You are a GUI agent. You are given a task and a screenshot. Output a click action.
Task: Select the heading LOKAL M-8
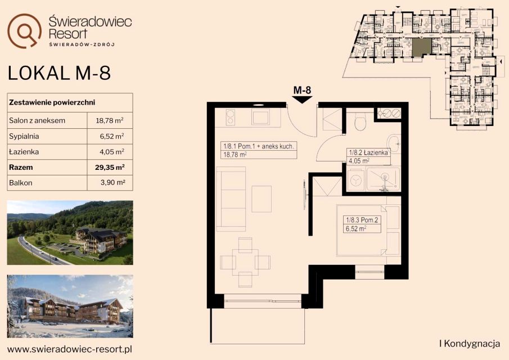(59, 73)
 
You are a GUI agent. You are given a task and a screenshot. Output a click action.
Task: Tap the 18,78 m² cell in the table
(110, 120)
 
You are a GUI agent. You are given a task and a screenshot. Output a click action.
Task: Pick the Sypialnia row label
(24, 136)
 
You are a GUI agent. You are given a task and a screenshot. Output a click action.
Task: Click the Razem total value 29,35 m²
(110, 168)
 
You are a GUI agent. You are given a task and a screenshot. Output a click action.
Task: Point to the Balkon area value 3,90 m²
(113, 182)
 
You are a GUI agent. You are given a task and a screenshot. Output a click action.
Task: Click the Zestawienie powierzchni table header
(52, 102)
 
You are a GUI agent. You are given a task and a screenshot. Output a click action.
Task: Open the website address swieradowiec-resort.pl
(70, 349)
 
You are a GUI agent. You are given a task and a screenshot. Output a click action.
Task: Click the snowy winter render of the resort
(70, 306)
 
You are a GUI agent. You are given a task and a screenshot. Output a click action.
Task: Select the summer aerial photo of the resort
(70, 232)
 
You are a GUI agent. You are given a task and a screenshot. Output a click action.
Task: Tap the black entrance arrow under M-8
(302, 100)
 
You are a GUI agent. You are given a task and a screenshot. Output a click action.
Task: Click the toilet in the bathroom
(361, 121)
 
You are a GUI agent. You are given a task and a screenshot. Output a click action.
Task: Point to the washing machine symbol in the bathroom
(356, 179)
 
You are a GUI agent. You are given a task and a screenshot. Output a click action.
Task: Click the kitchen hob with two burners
(231, 117)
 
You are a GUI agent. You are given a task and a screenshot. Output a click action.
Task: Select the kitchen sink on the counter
(260, 116)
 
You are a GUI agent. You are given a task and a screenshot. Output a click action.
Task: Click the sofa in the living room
(231, 199)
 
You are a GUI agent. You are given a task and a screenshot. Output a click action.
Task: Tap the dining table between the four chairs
(245, 262)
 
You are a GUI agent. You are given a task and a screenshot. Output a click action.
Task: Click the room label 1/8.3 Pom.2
(362, 220)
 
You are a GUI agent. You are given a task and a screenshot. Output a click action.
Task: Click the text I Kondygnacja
(470, 344)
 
